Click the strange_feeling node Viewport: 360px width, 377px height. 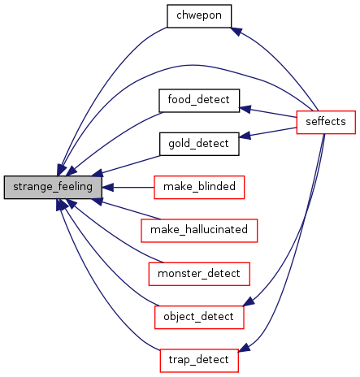coord(53,187)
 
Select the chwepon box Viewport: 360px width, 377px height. coord(199,16)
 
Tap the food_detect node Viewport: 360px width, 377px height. coord(199,101)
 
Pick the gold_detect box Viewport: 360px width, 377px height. coord(199,144)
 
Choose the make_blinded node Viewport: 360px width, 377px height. coord(199,187)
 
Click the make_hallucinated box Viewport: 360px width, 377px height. coord(199,231)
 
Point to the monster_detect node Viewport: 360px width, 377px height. coord(199,274)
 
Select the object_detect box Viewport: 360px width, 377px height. coord(199,317)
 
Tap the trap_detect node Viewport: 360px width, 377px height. coord(199,361)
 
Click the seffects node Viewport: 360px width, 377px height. coord(326,122)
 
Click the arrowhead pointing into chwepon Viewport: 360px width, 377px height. coord(236,31)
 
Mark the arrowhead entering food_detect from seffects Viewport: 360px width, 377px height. coord(245,109)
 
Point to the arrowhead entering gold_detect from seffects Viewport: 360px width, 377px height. coord(245,135)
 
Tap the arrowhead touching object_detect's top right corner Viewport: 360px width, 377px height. coord(249,301)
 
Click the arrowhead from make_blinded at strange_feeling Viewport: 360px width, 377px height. coord(107,187)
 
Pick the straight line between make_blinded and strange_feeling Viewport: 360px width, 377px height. coord(133,187)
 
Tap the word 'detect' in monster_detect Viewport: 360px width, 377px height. coord(223,273)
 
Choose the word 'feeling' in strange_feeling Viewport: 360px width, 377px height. coord(76,188)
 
